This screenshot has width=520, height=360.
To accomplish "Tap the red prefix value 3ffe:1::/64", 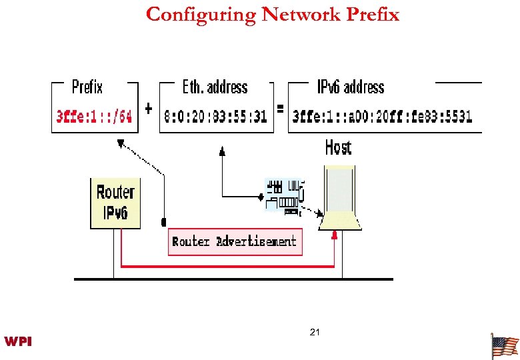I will point(94,116).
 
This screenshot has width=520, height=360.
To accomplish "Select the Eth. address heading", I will point(215,87).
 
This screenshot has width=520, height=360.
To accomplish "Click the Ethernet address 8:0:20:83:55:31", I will point(215,116).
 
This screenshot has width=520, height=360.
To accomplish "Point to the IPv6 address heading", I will point(350,87).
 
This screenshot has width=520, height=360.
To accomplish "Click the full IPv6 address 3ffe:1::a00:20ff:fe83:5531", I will point(383,116).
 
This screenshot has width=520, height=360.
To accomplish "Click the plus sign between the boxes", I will point(148,108).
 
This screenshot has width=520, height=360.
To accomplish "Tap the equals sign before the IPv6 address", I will point(280,108).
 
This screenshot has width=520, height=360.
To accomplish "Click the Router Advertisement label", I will point(235,241).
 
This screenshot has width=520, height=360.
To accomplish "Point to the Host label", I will point(338,147).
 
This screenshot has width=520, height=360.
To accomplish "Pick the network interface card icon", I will point(285,195).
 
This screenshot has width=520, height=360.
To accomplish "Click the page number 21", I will point(315,331).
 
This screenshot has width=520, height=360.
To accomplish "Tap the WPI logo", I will point(18,342).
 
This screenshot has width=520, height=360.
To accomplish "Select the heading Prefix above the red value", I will point(87,87).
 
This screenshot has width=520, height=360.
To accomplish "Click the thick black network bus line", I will point(233,279).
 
